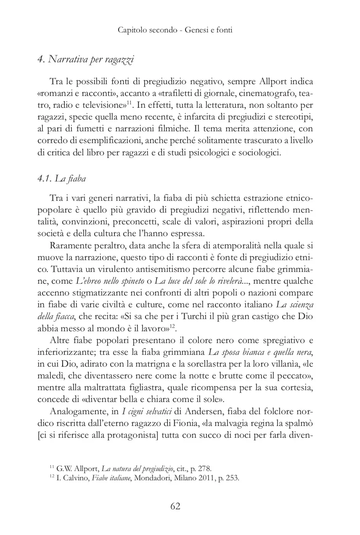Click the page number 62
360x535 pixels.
point(175,506)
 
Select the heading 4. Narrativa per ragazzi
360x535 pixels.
point(85,60)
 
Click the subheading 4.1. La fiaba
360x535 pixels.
point(61,178)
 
